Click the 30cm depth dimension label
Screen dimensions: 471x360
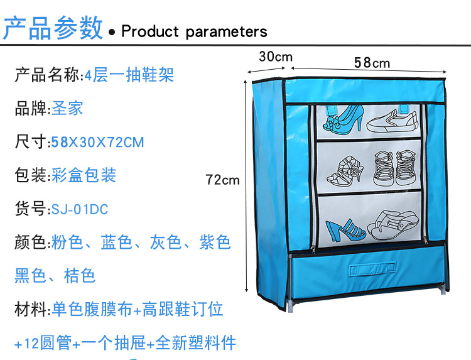(x=276, y=57)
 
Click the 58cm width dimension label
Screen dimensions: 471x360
(x=372, y=63)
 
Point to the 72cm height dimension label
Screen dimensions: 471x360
(x=222, y=180)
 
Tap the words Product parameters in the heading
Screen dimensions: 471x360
(x=194, y=31)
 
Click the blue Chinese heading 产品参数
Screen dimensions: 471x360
(x=53, y=28)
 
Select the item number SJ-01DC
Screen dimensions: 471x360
(x=80, y=209)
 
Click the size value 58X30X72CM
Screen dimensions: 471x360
(x=97, y=142)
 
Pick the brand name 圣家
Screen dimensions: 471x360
(x=67, y=108)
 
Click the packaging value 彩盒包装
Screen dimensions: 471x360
(x=84, y=175)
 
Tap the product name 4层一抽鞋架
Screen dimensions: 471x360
(x=129, y=75)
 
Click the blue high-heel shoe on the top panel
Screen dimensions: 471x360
(x=344, y=119)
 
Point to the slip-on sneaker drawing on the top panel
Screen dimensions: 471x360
(x=392, y=121)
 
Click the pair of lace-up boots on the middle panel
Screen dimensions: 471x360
(x=395, y=168)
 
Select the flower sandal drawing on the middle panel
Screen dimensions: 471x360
(x=345, y=170)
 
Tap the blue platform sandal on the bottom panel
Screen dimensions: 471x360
(x=345, y=229)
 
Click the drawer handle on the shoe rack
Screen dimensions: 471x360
(x=372, y=268)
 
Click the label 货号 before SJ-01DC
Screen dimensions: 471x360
(x=31, y=209)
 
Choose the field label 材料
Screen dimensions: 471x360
(x=31, y=309)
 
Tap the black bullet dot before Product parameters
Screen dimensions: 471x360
(x=112, y=32)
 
